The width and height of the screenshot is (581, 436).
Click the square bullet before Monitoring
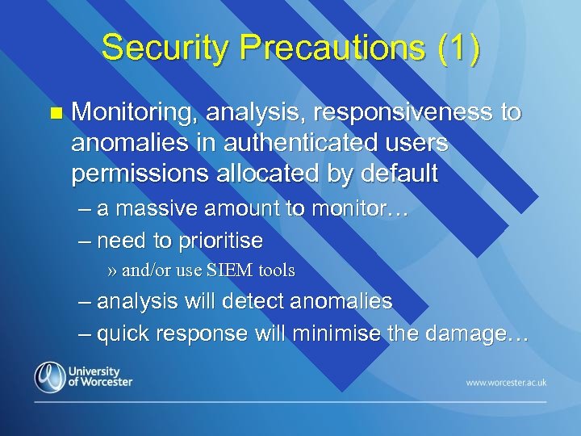point(55,114)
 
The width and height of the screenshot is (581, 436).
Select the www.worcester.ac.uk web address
point(506,381)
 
